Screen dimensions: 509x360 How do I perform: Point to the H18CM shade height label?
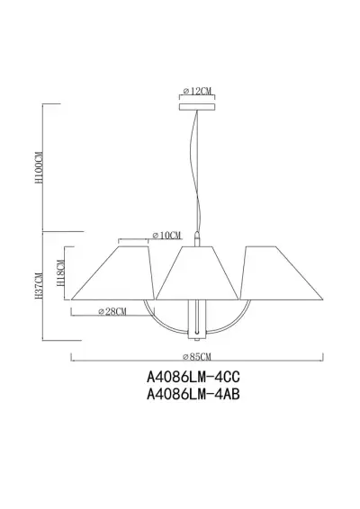coord(59,266)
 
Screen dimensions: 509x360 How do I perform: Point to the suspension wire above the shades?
coord(194,180)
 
